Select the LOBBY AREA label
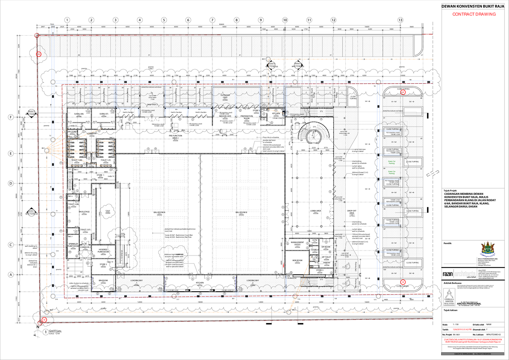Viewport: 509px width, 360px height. (x=315, y=211)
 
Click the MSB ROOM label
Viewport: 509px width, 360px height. (x=297, y=260)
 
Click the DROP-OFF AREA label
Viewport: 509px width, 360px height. (x=352, y=212)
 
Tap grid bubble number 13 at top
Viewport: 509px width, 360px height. (x=400, y=20)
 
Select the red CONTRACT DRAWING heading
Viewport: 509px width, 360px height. (x=474, y=14)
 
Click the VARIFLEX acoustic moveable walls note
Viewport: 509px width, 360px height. (x=175, y=255)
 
